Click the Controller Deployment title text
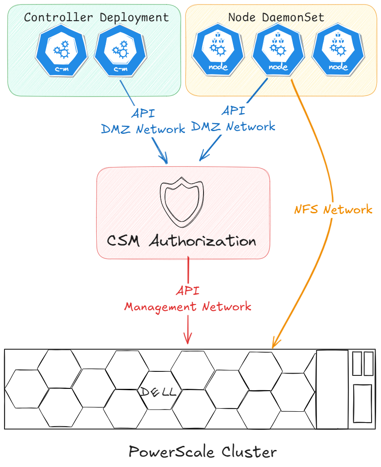coord(96,18)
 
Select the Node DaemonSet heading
coord(276,18)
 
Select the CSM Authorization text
coord(182,241)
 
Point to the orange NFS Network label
coord(333,209)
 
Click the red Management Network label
coord(188,307)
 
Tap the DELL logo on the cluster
coord(158,392)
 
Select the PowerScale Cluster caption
coord(203,451)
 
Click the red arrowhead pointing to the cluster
coord(188,339)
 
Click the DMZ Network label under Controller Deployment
coord(143,129)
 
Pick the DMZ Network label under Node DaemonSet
coord(233,126)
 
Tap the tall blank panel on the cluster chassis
coord(332,389)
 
